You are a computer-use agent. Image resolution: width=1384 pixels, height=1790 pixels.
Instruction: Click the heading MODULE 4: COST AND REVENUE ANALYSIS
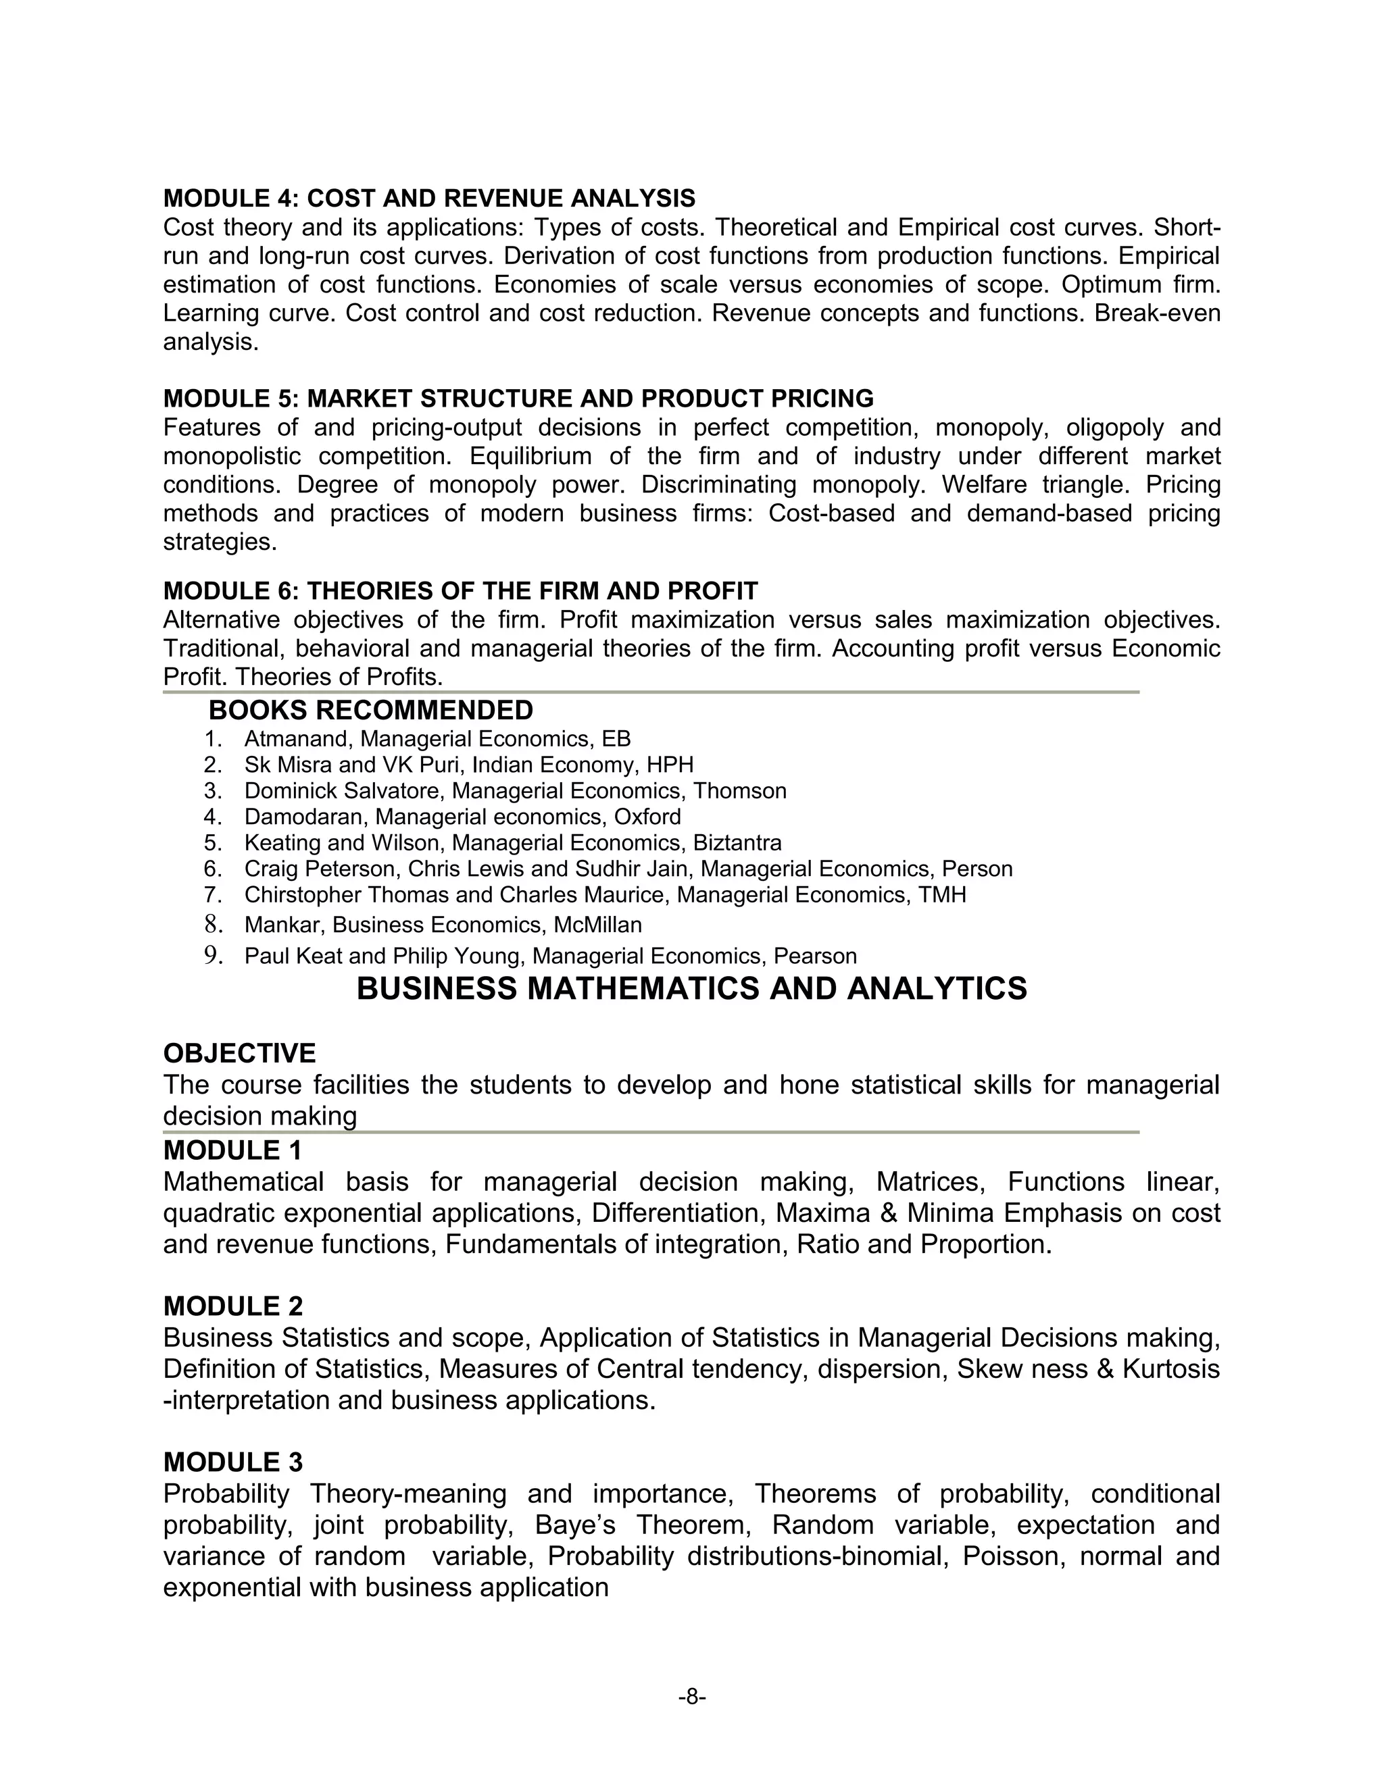(429, 199)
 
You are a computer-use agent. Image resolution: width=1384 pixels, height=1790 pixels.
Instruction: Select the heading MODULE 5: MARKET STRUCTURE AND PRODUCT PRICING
(518, 399)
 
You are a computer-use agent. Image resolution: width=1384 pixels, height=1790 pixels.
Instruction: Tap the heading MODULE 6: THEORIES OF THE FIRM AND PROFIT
(460, 590)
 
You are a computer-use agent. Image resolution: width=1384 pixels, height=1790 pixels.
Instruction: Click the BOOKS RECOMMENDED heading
(370, 710)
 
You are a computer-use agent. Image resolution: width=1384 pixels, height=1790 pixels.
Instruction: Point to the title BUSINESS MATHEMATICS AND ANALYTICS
(691, 990)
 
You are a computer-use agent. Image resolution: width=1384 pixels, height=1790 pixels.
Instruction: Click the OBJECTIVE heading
(239, 1053)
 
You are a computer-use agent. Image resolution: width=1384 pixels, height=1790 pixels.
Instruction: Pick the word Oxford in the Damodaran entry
(647, 817)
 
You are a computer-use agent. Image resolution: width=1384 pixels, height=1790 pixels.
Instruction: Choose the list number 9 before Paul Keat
(213, 956)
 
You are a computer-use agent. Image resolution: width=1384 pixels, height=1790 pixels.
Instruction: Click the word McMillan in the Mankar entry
(597, 925)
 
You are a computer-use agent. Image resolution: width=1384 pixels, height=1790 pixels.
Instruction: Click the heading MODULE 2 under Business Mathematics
(233, 1306)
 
